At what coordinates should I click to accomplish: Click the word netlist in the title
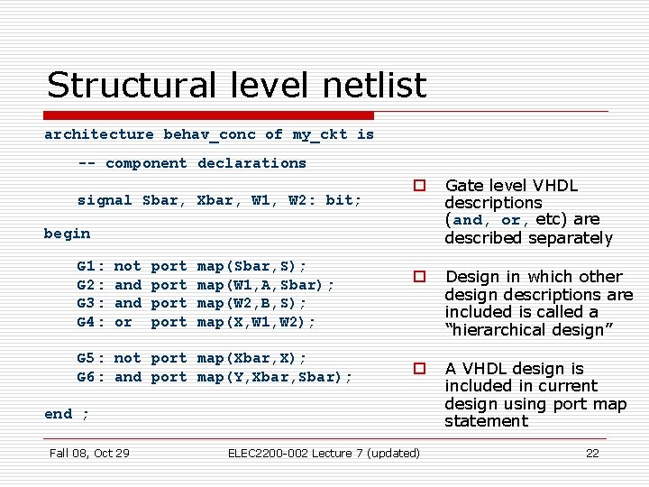[x=369, y=86]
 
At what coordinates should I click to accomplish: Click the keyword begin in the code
[x=67, y=234]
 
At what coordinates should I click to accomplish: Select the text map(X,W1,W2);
[x=257, y=322]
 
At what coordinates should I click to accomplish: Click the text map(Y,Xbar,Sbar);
[x=275, y=377]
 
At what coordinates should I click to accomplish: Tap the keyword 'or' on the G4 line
[x=123, y=322]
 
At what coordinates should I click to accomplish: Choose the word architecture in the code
[x=99, y=134]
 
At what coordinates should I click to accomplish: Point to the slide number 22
[x=592, y=453]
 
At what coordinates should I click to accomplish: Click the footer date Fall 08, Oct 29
[x=89, y=453]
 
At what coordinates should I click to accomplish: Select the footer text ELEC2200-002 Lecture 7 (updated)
[x=324, y=453]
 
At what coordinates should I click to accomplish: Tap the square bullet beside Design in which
[x=419, y=277]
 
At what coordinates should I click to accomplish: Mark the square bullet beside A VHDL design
[x=419, y=369]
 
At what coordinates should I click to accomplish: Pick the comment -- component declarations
[x=192, y=163]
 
